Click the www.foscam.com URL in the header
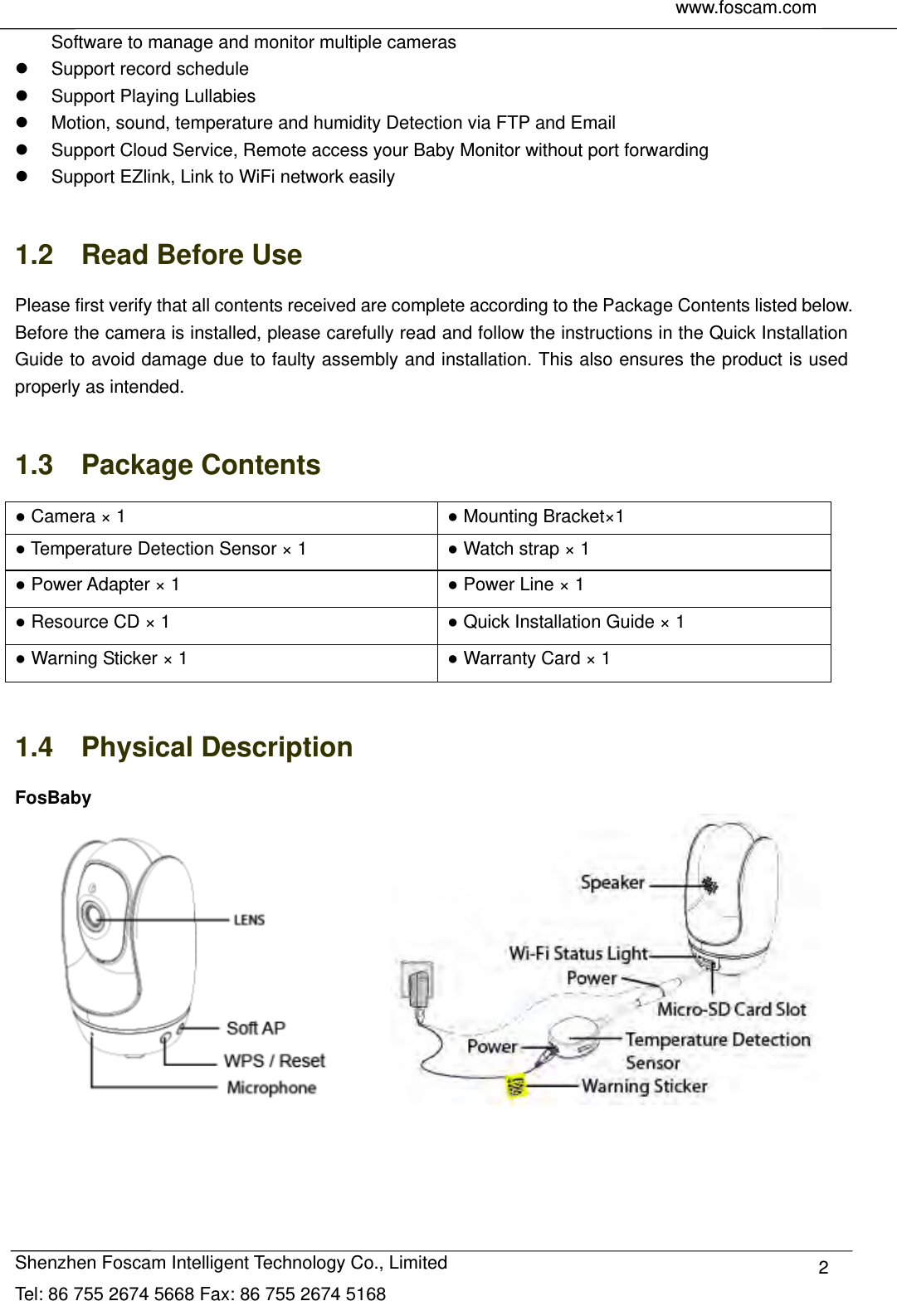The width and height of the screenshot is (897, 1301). pos(745,8)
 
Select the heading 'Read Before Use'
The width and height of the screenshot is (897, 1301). pos(192,255)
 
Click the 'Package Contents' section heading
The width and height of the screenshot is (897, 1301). pos(201,465)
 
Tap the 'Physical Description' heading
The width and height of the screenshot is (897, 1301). pos(217,747)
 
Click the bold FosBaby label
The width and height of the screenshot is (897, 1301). pos(53,798)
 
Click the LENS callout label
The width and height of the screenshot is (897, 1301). pos(249,920)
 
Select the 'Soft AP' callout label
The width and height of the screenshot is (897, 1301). pos(256,1028)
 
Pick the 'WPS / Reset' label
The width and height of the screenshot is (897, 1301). pos(274,1060)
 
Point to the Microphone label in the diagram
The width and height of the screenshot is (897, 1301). pos(271,1088)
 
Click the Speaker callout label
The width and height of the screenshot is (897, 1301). pos(612,883)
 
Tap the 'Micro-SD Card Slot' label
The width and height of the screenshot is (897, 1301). pos(731,1010)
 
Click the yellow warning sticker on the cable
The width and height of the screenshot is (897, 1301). pos(516,1085)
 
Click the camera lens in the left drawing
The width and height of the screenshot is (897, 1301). pos(93,915)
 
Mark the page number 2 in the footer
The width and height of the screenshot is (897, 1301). pos(823,1268)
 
